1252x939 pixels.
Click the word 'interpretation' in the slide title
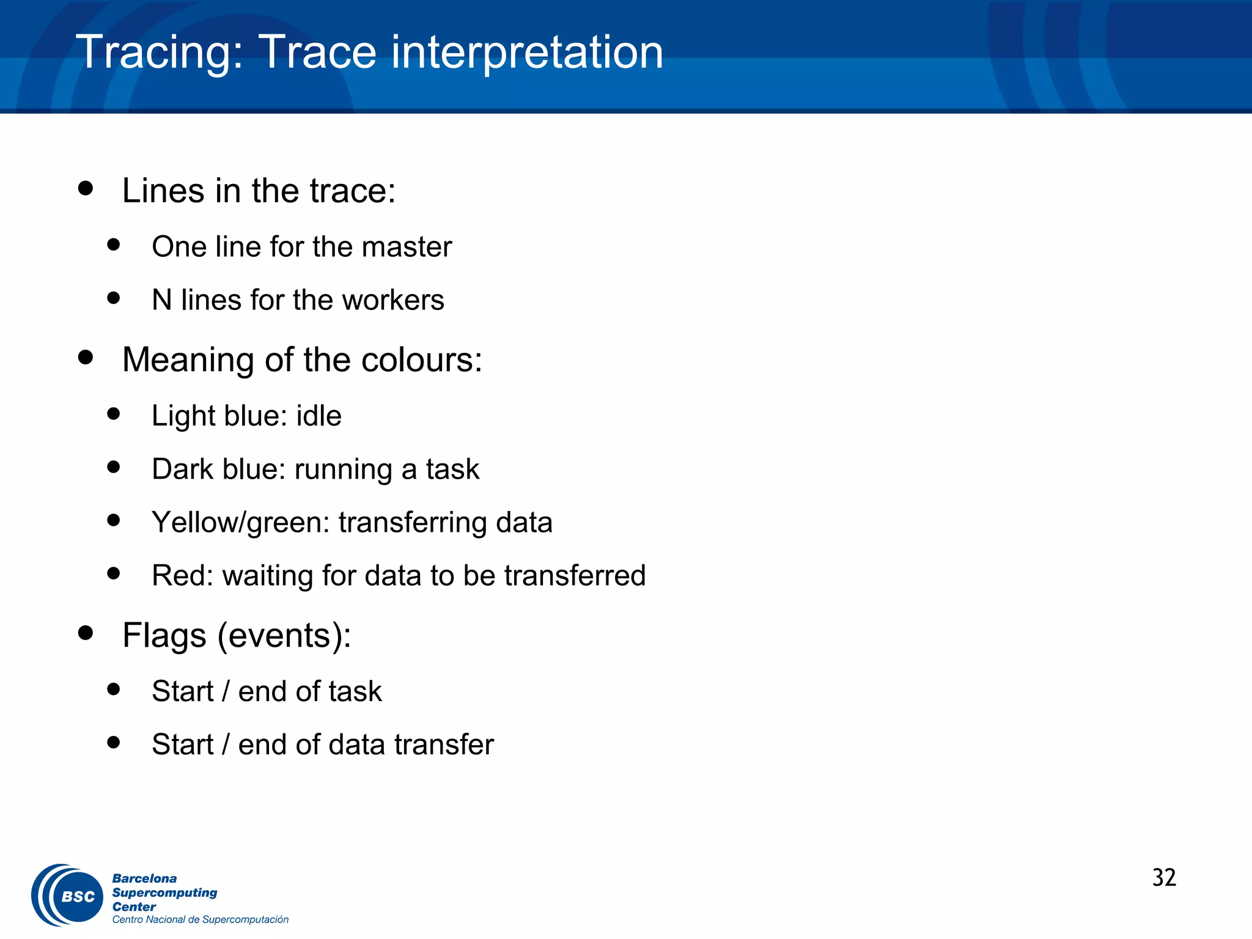coord(527,53)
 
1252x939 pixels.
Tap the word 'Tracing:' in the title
coord(160,53)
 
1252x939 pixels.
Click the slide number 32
coord(1164,878)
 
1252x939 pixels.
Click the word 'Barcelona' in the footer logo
coord(144,878)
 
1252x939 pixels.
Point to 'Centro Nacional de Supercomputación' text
coord(200,919)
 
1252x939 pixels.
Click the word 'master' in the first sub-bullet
coord(406,247)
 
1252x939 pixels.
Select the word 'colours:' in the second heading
coord(422,359)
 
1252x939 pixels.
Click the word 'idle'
coord(319,416)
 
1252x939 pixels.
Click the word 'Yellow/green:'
coord(241,523)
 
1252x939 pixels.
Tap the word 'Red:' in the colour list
coord(182,576)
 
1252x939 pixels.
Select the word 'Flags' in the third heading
coord(164,635)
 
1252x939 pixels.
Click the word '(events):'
coord(284,635)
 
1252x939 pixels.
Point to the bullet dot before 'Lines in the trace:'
coord(86,188)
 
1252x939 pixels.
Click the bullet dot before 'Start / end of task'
coord(113,690)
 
